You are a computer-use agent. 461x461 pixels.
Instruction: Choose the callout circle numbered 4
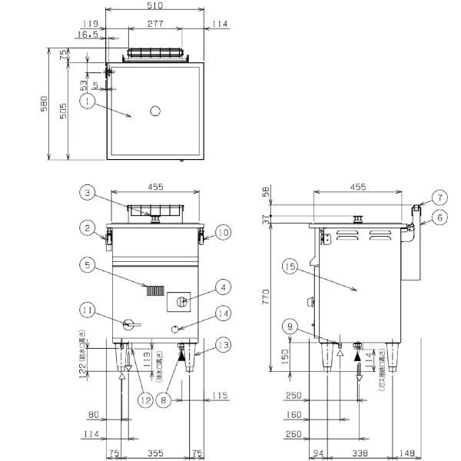223,287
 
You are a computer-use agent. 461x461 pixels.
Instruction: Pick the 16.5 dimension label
88,35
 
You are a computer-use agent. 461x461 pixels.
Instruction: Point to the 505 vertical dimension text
65,111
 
